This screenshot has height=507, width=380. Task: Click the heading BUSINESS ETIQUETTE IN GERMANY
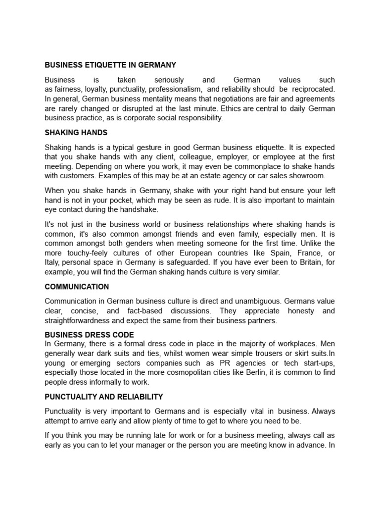pyautogui.click(x=110, y=65)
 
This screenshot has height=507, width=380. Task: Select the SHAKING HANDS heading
pyautogui.click(x=76, y=133)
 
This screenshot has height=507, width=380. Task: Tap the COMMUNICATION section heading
pyautogui.click(x=77, y=287)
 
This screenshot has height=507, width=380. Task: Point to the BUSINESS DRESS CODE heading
pyautogui.click(x=89, y=335)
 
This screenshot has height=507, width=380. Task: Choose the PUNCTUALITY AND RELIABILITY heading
pyautogui.click(x=104, y=397)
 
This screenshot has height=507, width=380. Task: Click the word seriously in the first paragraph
pyautogui.click(x=169, y=80)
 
